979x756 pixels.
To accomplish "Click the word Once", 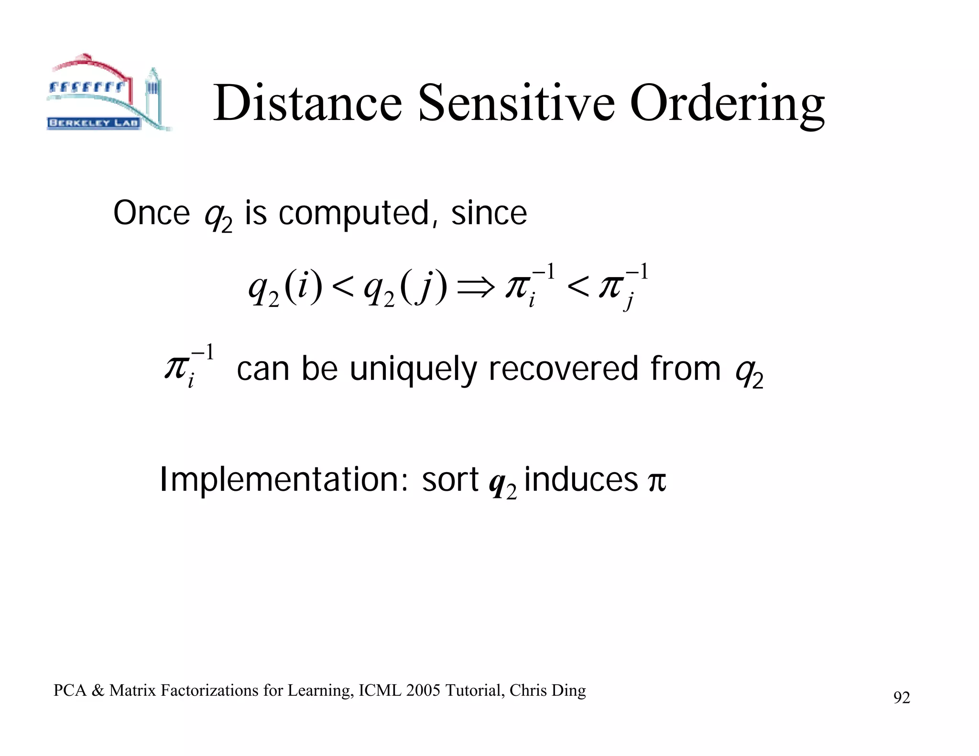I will point(152,213).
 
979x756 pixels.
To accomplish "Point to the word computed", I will point(354,214).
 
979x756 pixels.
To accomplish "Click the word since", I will point(489,213).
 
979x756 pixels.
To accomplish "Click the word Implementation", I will point(283,480).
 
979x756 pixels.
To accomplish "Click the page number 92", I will point(901,698).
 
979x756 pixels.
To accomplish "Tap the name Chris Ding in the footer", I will point(547,691).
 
